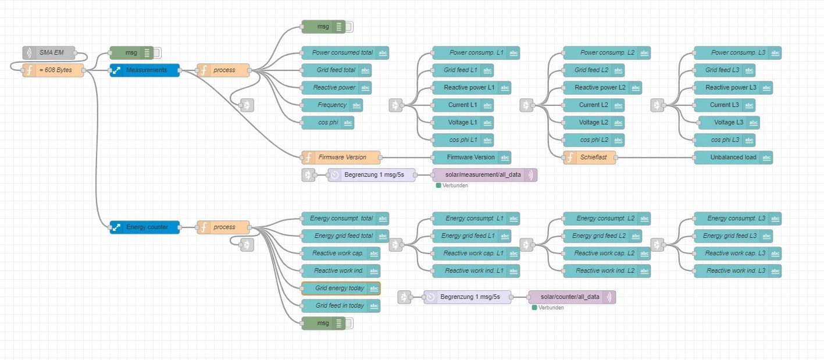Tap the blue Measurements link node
(x=145, y=70)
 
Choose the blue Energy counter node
(x=145, y=227)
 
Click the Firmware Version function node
(x=341, y=158)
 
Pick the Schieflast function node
(x=590, y=158)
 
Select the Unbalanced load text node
(x=733, y=158)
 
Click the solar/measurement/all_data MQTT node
(x=484, y=175)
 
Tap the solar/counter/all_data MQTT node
(x=572, y=297)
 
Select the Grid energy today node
(x=340, y=288)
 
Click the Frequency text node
(x=332, y=105)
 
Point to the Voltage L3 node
(x=729, y=123)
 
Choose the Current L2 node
(x=593, y=105)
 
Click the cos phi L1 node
(x=462, y=140)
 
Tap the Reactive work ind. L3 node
(x=737, y=271)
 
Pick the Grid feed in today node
(x=340, y=306)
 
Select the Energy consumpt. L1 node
(x=475, y=219)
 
